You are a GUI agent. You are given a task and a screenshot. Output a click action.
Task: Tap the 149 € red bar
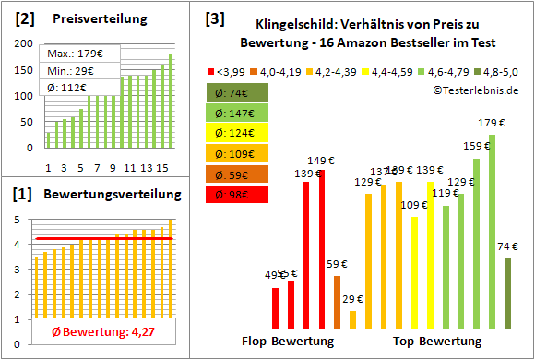click(322, 249)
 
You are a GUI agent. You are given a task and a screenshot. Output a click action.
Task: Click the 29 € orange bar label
click(352, 299)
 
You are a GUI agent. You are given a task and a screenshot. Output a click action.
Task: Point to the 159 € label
click(476, 145)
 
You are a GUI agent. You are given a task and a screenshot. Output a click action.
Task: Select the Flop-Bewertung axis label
click(287, 341)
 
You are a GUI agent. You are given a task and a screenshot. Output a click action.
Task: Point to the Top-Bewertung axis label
click(437, 341)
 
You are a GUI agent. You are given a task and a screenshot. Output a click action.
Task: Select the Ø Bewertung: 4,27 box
click(91, 331)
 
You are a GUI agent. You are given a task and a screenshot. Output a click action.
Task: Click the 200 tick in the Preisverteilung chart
click(25, 44)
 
